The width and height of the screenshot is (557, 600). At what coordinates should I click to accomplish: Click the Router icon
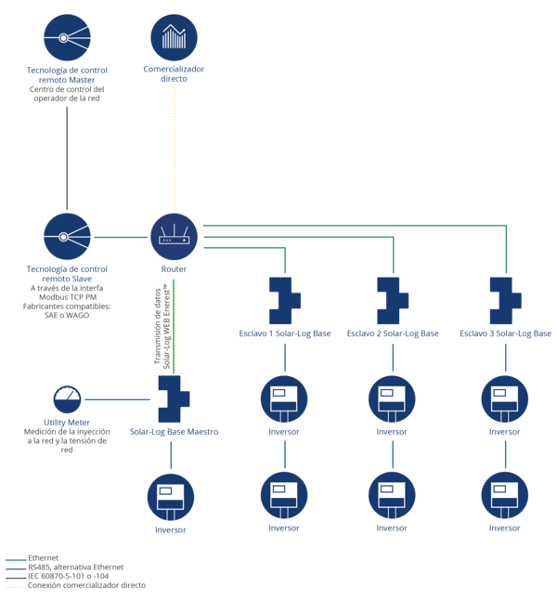coord(175,237)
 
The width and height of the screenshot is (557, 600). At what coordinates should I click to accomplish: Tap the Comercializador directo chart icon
coord(175,37)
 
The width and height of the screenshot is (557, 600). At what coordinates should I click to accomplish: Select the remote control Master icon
coord(67,37)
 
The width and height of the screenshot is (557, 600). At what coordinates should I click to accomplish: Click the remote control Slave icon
coord(67,237)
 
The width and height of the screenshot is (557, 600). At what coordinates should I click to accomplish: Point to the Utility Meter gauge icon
coord(67,399)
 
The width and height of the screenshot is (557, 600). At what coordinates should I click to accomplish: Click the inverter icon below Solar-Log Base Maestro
coord(171,497)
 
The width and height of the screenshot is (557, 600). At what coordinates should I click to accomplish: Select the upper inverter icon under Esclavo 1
coord(284,399)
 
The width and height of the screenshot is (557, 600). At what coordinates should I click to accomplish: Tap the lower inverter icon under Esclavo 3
coord(505,496)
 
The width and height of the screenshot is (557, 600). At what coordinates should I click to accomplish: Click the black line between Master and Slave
coord(67,158)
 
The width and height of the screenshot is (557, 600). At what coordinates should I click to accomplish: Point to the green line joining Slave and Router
coord(121,237)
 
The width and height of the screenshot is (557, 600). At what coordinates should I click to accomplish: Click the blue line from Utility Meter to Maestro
coord(118,399)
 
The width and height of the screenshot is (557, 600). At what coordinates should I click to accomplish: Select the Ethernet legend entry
coord(32,558)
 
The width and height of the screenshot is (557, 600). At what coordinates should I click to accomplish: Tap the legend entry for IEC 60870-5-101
coord(57,576)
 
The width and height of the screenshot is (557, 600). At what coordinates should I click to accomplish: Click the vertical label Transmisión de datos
coord(158,326)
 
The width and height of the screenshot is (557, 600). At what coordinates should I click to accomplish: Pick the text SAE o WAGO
coord(67,315)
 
